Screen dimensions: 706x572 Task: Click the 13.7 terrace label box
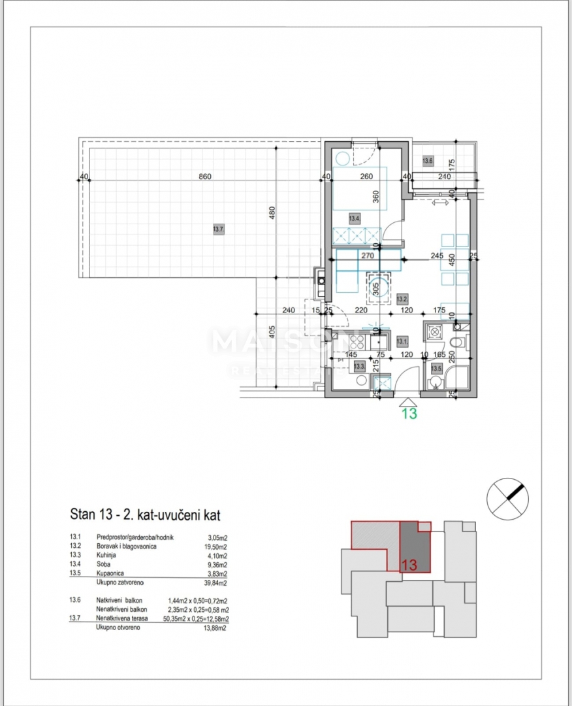coord(218,229)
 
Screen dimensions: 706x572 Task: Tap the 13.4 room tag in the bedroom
coord(354,218)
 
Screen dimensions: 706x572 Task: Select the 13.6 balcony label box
coord(428,160)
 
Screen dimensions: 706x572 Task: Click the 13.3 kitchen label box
coord(358,367)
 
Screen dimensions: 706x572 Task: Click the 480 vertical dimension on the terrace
coord(273,213)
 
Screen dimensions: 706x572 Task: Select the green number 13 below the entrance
coord(409,413)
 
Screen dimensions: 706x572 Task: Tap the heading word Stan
coord(82,514)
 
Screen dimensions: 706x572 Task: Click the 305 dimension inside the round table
coord(375,290)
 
